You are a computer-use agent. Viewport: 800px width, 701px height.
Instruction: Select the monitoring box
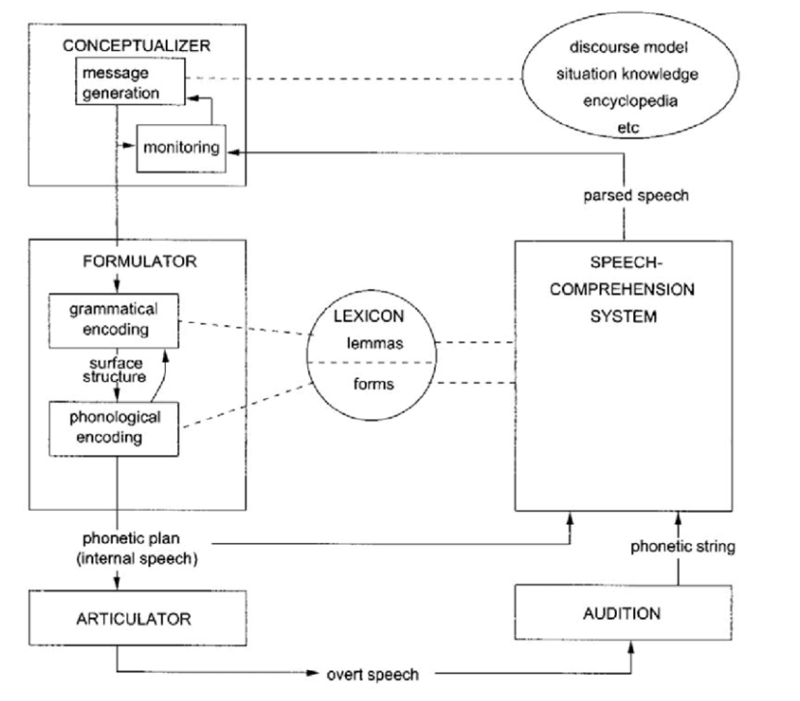181,148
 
